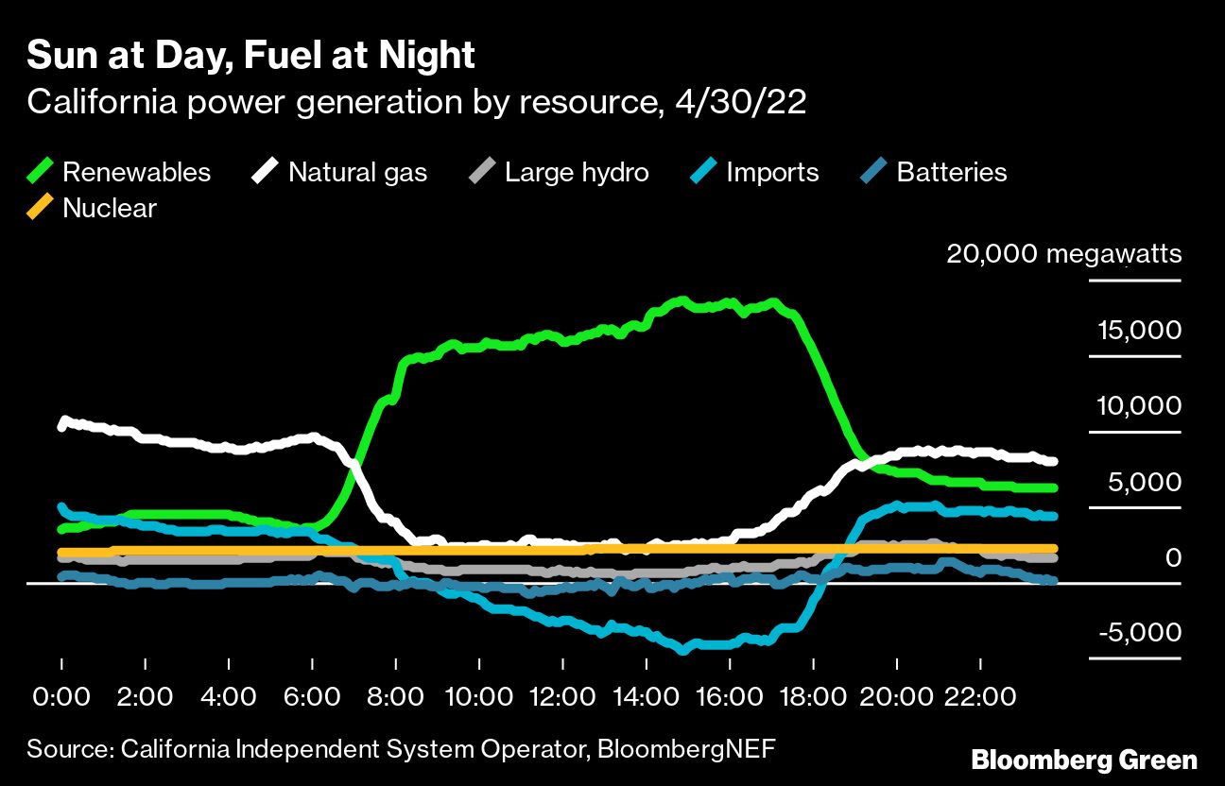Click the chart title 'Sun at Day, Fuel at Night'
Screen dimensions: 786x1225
(250, 56)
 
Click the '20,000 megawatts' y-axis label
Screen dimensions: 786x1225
(1063, 254)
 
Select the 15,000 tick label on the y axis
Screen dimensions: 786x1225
(1139, 331)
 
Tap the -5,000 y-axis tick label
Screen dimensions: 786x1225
(1139, 632)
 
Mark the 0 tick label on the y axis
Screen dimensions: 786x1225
(1172, 557)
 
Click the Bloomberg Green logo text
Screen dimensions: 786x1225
(1084, 760)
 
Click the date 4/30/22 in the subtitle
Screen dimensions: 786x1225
(740, 102)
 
